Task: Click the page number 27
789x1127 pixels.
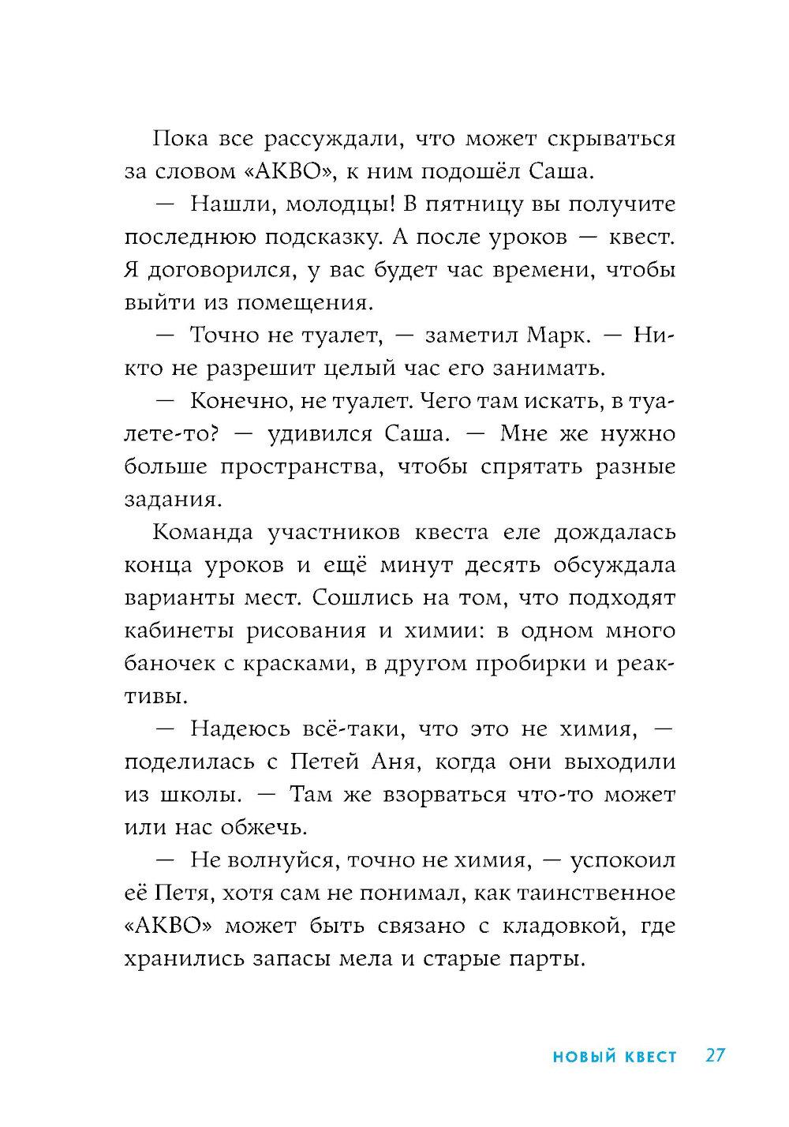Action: (x=716, y=1056)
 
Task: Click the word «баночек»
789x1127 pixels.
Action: (x=163, y=665)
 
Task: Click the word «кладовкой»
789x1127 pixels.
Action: (x=554, y=927)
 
